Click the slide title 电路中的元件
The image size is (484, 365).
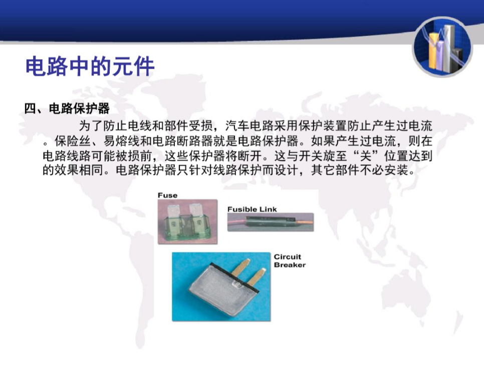[90, 66]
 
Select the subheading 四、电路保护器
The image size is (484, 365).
[67, 109]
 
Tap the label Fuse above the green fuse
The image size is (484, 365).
[168, 195]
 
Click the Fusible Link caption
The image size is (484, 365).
[252, 209]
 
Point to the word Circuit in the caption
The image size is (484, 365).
[288, 257]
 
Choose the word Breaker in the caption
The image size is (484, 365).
[290, 265]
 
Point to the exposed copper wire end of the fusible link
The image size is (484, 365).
[305, 221]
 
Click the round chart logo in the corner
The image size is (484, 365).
[442, 47]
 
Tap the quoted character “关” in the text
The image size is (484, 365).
[365, 156]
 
